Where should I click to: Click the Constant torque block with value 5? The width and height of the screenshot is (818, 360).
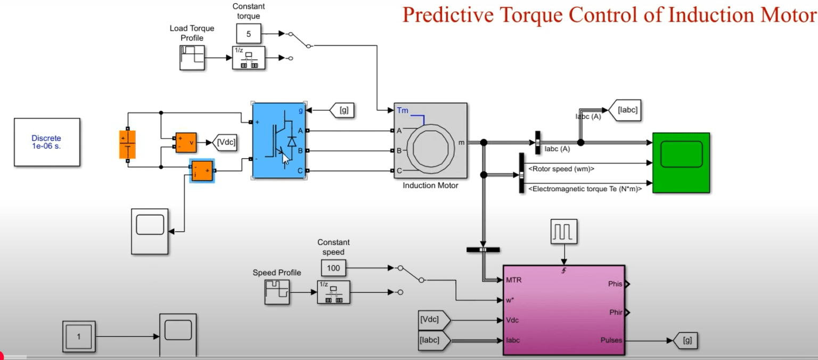point(248,34)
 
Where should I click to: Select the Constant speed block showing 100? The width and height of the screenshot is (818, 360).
point(333,268)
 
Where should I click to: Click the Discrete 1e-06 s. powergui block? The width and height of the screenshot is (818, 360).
point(47,142)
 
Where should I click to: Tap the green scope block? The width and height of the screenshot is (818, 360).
point(681,162)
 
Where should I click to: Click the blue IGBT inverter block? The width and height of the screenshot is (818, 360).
point(278,141)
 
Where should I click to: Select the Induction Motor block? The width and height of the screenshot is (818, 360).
point(430,141)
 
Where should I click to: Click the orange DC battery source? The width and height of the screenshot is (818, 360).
point(127,144)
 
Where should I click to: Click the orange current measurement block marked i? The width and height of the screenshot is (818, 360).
point(202,171)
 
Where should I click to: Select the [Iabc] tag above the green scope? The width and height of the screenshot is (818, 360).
point(626,110)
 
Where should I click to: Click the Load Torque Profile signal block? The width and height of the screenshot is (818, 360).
point(191,58)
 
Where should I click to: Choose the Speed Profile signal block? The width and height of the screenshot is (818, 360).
point(277,292)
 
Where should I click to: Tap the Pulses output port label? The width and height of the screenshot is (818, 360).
point(610,340)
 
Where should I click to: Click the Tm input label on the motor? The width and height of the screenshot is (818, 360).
point(403,111)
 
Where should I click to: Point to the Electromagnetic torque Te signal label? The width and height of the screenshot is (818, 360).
point(584,189)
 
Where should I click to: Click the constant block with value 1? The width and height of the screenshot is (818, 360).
point(79,337)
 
